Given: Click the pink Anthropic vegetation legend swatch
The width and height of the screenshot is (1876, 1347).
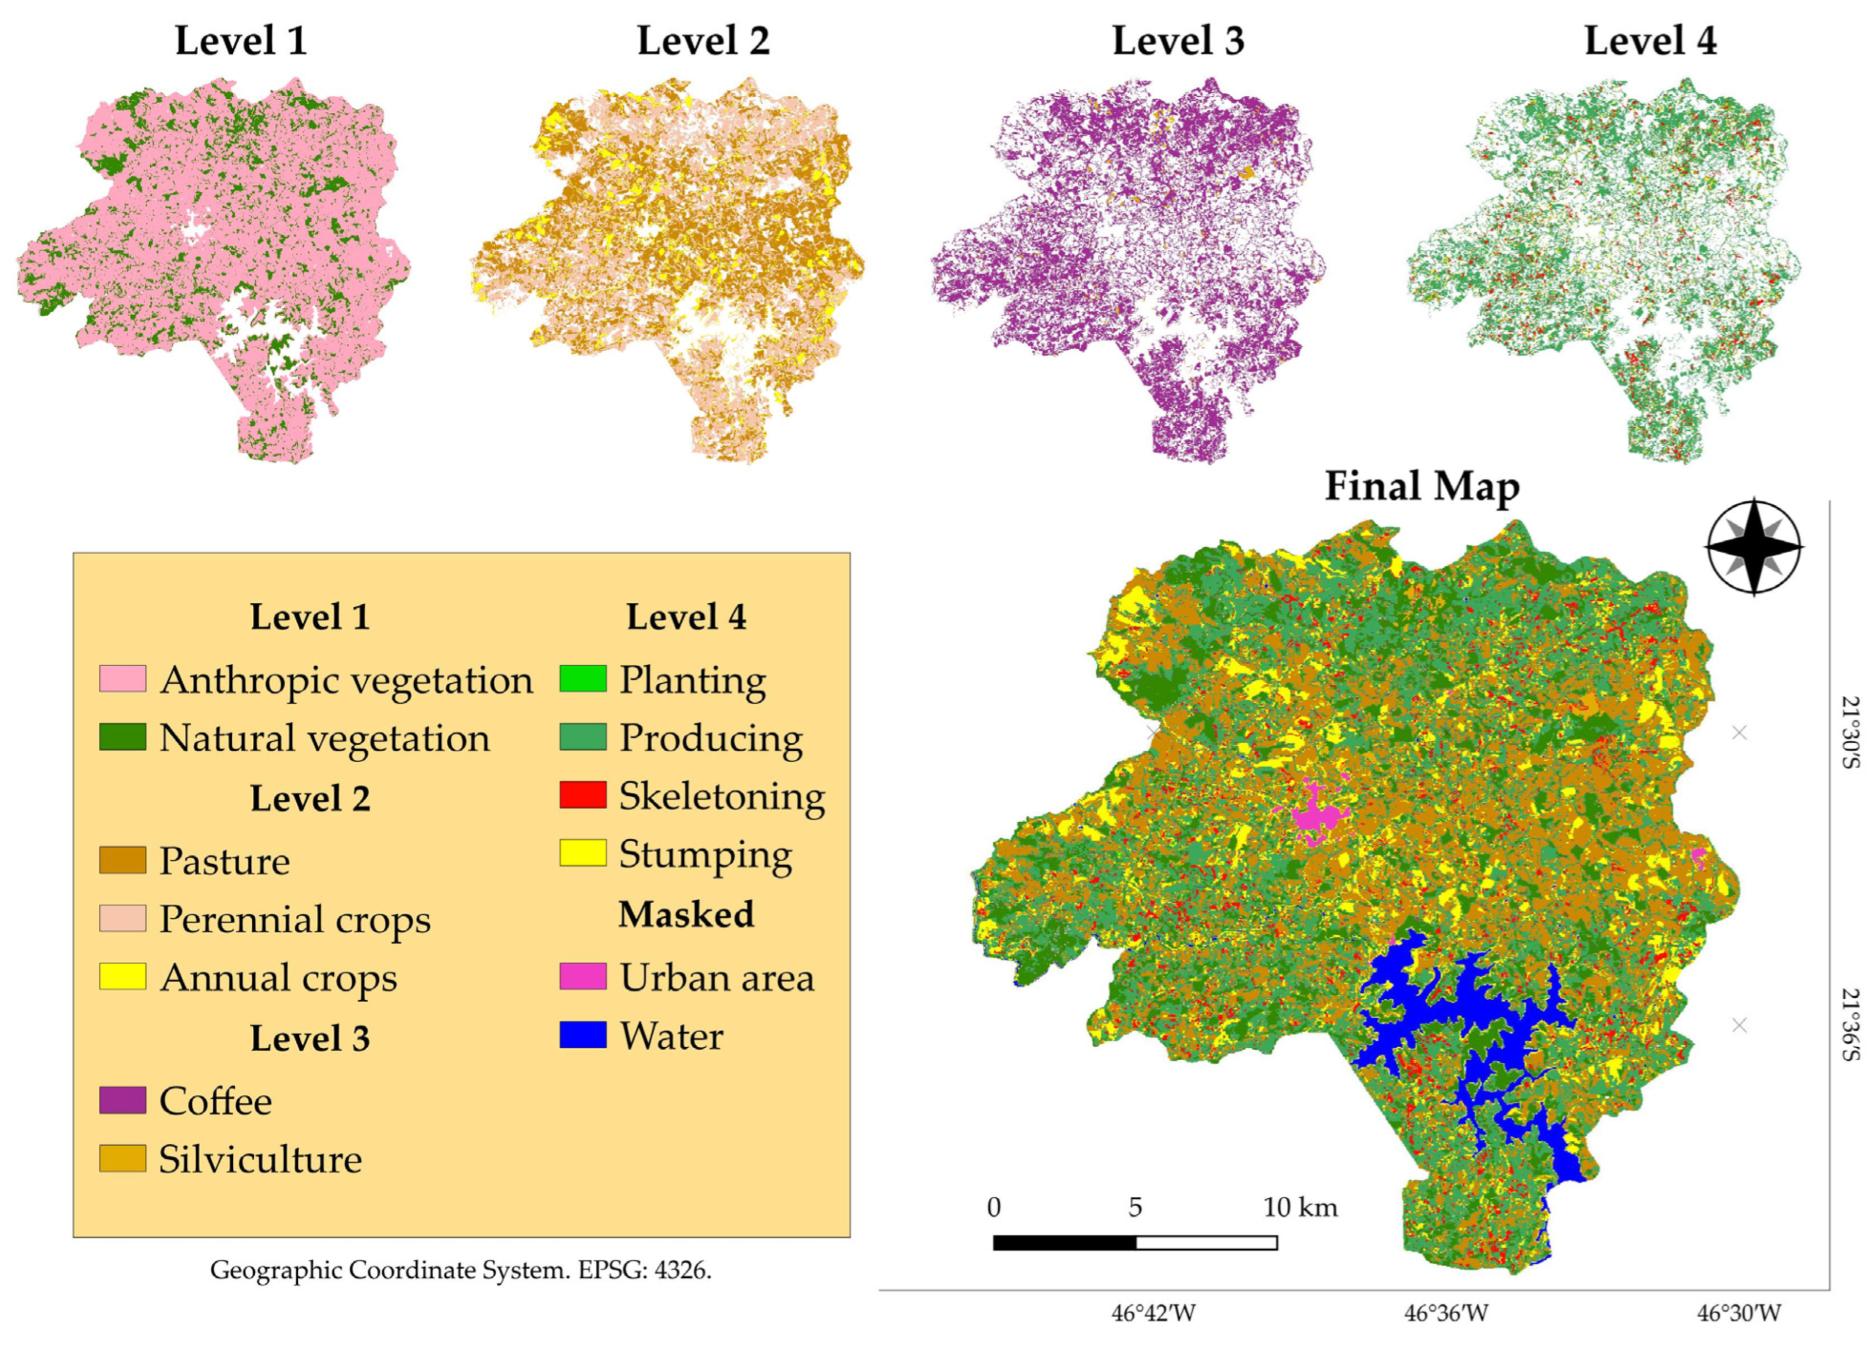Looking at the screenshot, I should coord(123,679).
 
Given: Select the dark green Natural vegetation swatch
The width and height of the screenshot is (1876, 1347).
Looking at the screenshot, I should coord(123,737).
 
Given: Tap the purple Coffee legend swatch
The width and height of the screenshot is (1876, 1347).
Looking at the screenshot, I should coord(123,1100).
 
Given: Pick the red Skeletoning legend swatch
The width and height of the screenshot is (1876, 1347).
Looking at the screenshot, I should coord(582,795).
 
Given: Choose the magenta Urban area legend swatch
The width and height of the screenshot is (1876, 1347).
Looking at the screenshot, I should coord(582,976).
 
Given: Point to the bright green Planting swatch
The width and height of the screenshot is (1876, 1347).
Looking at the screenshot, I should coord(582,679).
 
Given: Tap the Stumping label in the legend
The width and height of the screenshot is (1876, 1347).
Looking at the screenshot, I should coord(705,854).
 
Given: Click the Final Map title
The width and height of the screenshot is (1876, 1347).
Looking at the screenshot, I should coord(1422,486).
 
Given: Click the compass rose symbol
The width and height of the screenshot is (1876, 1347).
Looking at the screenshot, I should coord(1753,547).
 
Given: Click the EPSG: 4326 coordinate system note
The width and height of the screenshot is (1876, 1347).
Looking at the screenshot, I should coord(461,1269).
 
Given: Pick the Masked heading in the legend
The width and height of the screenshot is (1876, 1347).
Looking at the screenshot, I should coord(685,914).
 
